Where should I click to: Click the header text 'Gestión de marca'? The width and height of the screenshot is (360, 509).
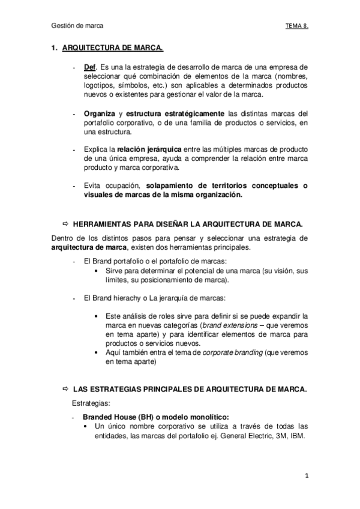click(77, 26)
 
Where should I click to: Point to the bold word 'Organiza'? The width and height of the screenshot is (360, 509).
click(100, 114)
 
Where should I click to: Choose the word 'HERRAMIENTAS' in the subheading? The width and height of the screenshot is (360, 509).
click(103, 223)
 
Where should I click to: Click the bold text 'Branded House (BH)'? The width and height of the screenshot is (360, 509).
click(117, 417)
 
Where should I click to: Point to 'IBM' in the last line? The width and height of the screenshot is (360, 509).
click(296, 436)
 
